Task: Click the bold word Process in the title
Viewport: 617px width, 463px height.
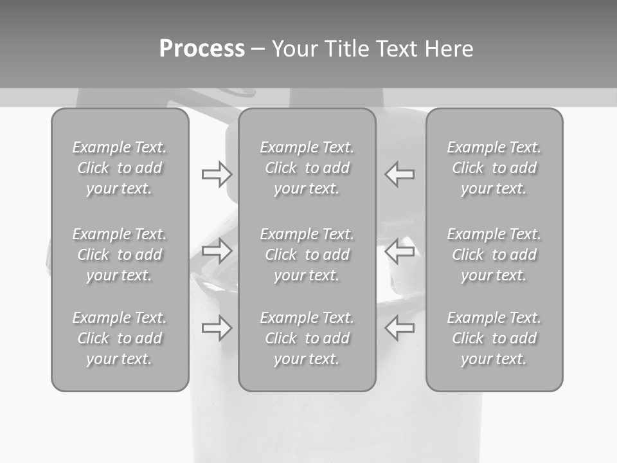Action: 202,49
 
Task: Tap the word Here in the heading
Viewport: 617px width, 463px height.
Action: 449,49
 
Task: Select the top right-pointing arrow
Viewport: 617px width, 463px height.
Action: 217,174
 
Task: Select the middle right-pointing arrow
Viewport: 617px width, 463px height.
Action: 217,251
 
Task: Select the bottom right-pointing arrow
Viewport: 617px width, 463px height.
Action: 217,329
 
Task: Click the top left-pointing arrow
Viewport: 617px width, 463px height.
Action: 400,174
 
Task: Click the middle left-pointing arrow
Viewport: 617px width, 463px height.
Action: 400,251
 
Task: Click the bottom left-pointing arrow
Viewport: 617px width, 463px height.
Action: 400,329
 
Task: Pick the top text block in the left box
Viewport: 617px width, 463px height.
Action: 120,168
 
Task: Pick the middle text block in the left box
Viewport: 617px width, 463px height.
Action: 120,255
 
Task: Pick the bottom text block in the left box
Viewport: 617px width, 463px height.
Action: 120,338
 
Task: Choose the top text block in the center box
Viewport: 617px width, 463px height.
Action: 307,168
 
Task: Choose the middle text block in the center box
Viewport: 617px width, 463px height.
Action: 307,255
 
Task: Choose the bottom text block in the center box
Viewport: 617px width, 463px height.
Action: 307,338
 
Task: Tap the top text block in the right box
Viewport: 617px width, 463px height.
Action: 494,168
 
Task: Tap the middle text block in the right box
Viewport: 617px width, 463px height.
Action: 494,255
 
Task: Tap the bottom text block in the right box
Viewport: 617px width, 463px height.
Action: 494,338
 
